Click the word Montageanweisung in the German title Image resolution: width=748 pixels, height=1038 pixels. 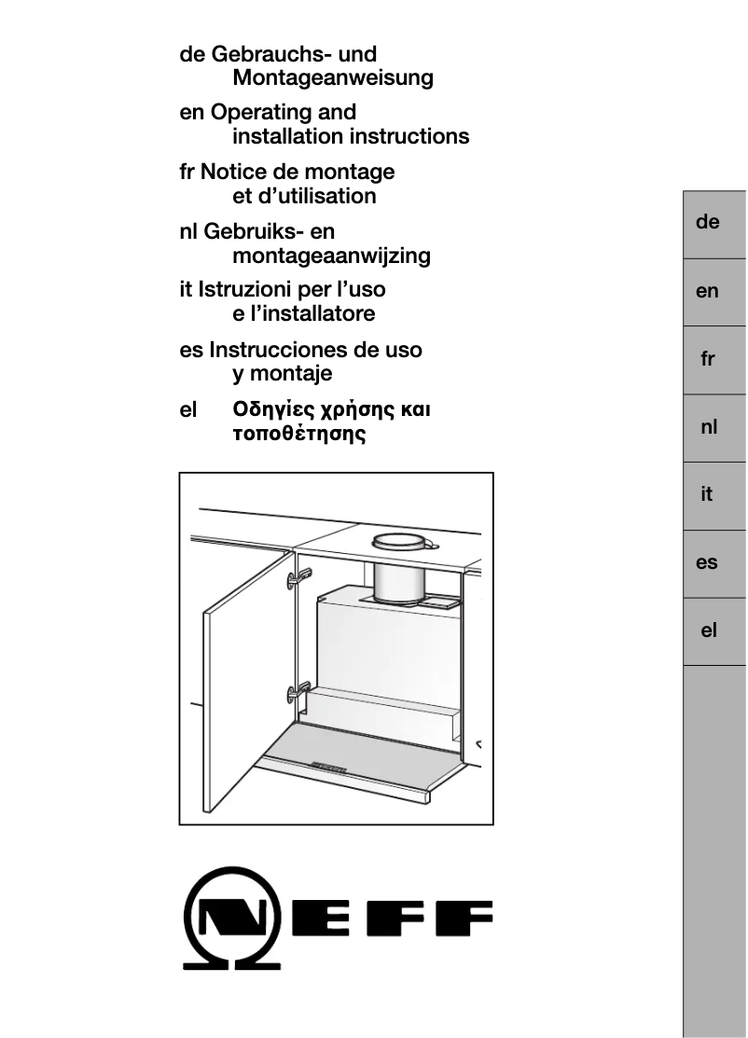[332, 78]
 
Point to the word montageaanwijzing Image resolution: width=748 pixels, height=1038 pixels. [331, 256]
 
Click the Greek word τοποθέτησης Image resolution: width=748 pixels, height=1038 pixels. [298, 434]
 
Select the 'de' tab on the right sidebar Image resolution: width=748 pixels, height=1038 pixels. [708, 223]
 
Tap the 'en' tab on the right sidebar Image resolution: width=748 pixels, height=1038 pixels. [708, 291]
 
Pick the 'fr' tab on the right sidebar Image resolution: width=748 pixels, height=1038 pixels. [708, 359]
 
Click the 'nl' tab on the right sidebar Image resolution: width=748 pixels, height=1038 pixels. [708, 427]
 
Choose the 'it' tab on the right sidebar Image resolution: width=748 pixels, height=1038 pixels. [708, 495]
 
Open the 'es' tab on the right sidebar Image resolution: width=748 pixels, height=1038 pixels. [708, 563]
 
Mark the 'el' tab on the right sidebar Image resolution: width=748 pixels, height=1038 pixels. [708, 631]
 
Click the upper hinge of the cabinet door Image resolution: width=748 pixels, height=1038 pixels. [298, 578]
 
